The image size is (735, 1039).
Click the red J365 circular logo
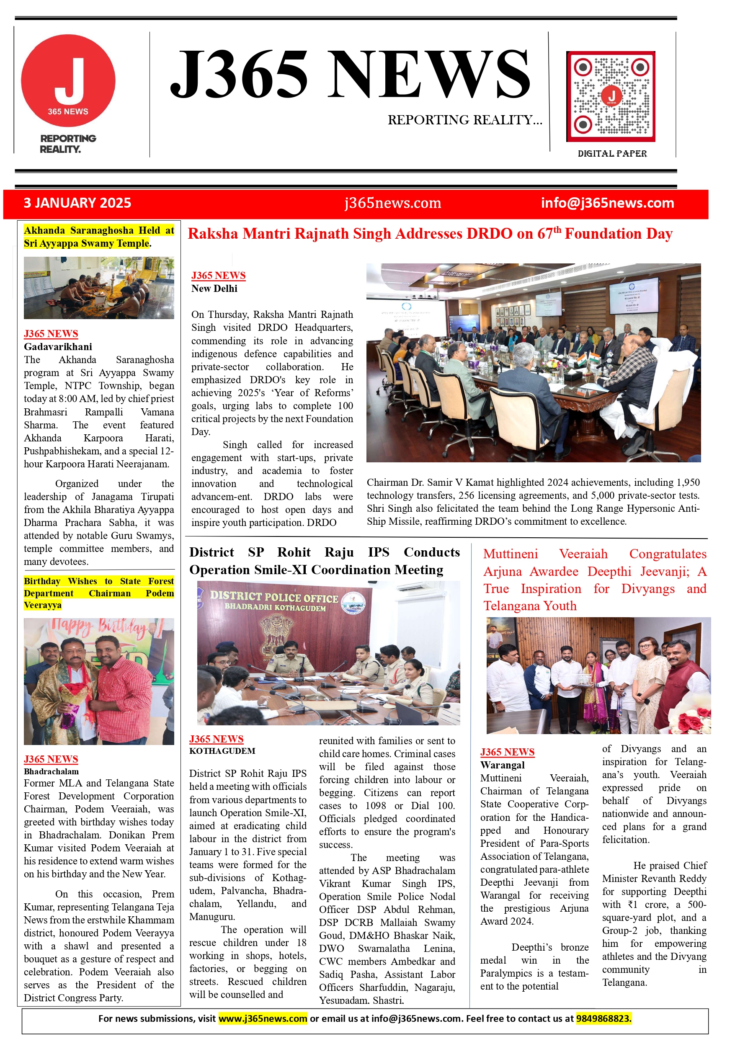tap(68, 80)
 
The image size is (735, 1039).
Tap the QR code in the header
tap(611, 96)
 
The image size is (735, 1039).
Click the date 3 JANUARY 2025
tap(77, 203)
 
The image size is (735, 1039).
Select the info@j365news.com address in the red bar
tap(607, 203)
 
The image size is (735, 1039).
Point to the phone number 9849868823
tap(603, 1018)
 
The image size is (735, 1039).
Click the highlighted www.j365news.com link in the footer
tap(263, 1018)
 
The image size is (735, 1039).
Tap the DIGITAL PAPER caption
tap(612, 153)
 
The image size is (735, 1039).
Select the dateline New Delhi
tap(214, 289)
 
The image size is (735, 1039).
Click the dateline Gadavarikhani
tap(58, 347)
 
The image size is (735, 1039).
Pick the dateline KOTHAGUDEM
tap(222, 751)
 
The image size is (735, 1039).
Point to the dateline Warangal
tap(503, 765)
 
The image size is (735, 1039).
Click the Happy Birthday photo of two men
tap(99, 681)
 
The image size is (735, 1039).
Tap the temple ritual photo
tap(99, 288)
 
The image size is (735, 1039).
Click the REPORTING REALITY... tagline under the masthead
tap(465, 120)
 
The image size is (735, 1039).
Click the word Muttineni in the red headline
tap(511, 554)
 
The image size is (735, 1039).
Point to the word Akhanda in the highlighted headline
tap(44, 230)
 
